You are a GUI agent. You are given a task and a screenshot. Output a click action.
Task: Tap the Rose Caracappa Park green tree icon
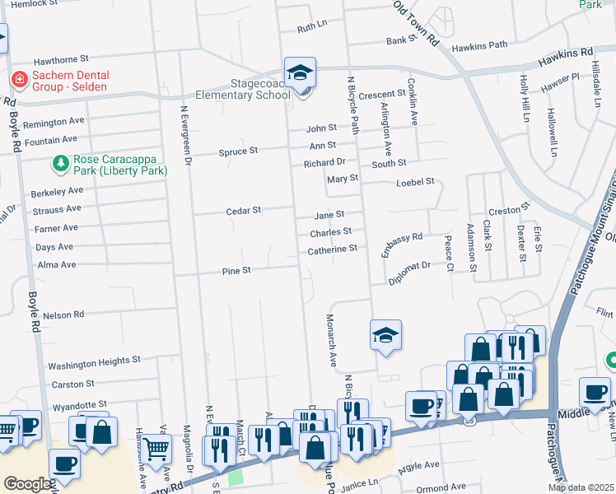pos(60,164)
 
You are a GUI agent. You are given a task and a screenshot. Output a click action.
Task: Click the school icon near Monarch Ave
pos(385,335)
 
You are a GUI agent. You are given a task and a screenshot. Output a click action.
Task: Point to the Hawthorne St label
pos(60,61)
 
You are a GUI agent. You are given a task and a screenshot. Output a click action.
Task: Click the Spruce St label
pos(238,151)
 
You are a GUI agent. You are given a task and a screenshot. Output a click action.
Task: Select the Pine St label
pos(236,271)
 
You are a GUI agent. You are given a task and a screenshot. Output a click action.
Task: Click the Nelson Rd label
pos(63,315)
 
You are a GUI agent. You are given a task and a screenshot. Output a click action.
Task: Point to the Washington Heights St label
pos(94,361)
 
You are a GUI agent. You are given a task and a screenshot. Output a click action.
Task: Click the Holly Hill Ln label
pos(524,98)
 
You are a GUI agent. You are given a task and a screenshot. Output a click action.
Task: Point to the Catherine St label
pos(332,249)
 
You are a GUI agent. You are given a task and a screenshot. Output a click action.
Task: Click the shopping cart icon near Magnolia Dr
pos(156,450)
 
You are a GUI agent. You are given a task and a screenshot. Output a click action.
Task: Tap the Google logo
pos(27,484)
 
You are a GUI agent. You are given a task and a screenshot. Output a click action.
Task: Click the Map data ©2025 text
pos(580,487)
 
